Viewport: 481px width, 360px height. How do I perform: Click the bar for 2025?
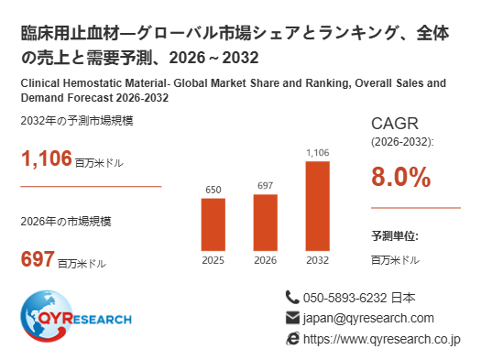pyautogui.click(x=213, y=224)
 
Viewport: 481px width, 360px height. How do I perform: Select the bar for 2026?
pyautogui.click(x=266, y=223)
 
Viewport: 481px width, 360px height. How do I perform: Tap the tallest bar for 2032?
pyautogui.click(x=318, y=206)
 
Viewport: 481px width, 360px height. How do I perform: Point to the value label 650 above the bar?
pyautogui.click(x=213, y=190)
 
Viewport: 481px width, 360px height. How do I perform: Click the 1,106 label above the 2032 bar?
pyautogui.click(x=318, y=152)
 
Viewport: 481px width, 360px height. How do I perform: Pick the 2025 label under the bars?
pyautogui.click(x=213, y=260)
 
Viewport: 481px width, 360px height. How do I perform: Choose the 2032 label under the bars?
pyautogui.click(x=318, y=260)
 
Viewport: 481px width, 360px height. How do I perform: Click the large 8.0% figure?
pyautogui.click(x=401, y=177)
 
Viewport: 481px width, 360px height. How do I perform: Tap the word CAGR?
pyautogui.click(x=395, y=124)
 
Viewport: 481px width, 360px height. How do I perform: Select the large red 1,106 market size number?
pyautogui.click(x=47, y=158)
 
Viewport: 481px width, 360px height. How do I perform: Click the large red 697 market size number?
pyautogui.click(x=38, y=259)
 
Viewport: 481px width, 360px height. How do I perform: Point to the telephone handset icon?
pyautogui.click(x=292, y=297)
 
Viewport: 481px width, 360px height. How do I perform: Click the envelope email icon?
pyautogui.click(x=292, y=318)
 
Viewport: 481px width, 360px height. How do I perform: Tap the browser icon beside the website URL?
pyautogui.click(x=292, y=339)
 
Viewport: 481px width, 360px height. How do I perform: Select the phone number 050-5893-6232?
pyautogui.click(x=344, y=298)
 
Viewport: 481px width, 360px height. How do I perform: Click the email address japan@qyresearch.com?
pyautogui.click(x=368, y=319)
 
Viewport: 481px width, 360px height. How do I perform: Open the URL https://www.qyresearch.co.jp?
pyautogui.click(x=382, y=340)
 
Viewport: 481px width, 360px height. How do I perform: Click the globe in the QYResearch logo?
pyautogui.click(x=47, y=316)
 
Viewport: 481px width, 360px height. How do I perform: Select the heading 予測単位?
pyautogui.click(x=395, y=236)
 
